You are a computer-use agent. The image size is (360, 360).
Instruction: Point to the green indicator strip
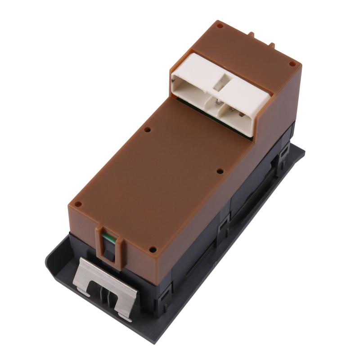click(107, 238)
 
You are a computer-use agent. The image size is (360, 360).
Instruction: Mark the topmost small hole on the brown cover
click(220, 26)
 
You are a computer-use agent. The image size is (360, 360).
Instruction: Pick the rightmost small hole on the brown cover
click(292, 64)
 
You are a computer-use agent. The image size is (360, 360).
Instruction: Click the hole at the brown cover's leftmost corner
click(77, 204)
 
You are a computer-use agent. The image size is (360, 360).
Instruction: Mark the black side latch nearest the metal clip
click(164, 292)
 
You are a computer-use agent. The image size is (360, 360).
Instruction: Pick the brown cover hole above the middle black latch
click(220, 171)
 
